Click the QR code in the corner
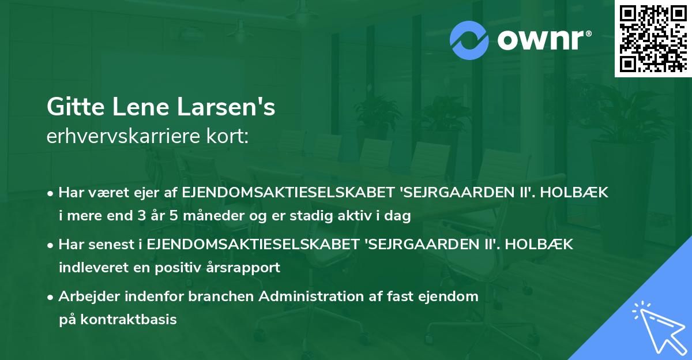[652, 38]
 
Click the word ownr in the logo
[539, 40]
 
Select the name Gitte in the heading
[69, 108]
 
